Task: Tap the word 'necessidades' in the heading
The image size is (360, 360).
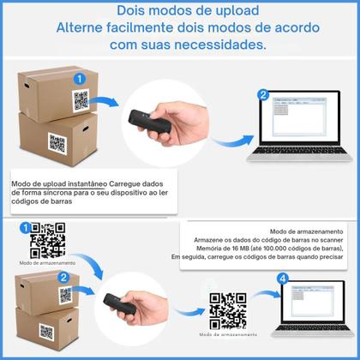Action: [x=216, y=45]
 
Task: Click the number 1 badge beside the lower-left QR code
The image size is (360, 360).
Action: [x=25, y=228]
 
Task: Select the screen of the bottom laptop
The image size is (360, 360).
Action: [x=311, y=302]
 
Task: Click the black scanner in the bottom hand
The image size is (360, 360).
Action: [x=119, y=311]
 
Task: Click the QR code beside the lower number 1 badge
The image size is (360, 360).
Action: [x=48, y=241]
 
